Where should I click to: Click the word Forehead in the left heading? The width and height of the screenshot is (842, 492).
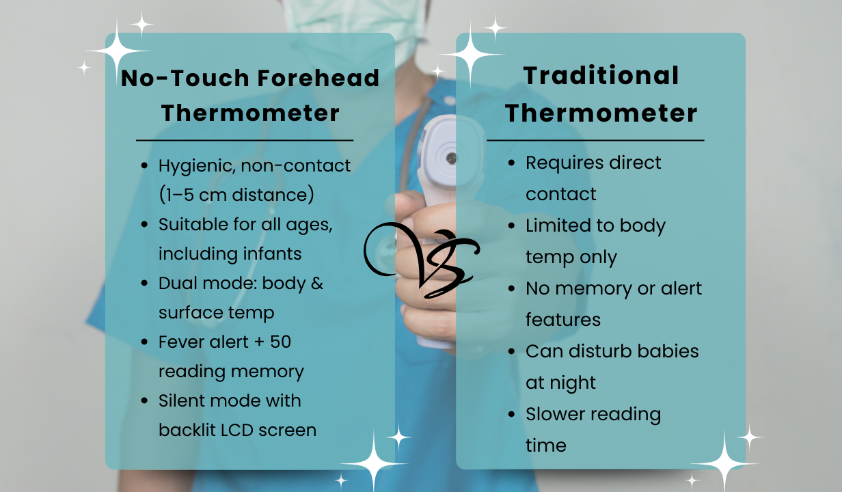[x=318, y=78]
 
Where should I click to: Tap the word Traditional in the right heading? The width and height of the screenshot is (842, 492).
[x=601, y=76]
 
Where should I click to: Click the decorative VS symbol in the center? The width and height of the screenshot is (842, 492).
[x=422, y=260]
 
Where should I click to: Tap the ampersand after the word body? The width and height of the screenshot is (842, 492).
[x=317, y=283]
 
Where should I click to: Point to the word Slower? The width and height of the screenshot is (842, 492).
[x=555, y=414]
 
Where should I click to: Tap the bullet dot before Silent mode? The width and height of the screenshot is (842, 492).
[x=144, y=400]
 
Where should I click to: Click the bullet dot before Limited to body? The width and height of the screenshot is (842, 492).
[x=511, y=225]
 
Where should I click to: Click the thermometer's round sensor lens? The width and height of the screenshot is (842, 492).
[x=451, y=159]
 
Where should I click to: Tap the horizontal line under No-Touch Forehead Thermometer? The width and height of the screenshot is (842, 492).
[x=245, y=140]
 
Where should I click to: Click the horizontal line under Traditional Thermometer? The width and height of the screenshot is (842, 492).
[x=595, y=140]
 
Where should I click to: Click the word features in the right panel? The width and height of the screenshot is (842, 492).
[x=563, y=320]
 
